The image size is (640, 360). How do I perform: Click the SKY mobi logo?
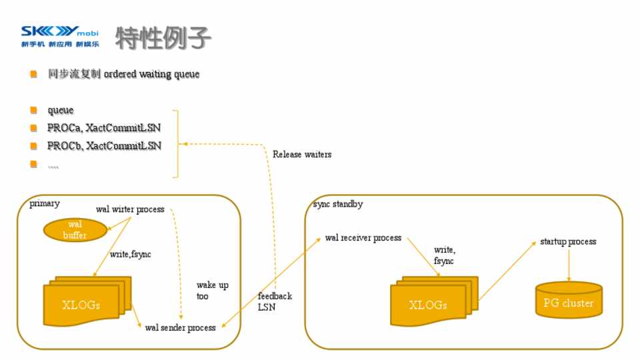[x=59, y=37]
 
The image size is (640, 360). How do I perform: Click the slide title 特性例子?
[x=163, y=39]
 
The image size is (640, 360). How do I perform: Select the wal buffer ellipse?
[x=75, y=230]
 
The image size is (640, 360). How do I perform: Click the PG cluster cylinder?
[x=568, y=301]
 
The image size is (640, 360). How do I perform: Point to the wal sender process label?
[x=180, y=327]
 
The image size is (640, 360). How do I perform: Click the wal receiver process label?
[x=363, y=238]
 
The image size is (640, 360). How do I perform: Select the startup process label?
[x=568, y=241]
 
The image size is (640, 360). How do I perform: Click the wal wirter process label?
[x=130, y=209]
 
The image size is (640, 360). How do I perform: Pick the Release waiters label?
[x=302, y=154]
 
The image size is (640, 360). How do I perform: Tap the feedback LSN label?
[x=275, y=301]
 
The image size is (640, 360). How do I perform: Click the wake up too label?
[x=212, y=291]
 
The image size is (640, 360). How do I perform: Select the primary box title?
[x=45, y=204]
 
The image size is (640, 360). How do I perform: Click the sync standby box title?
[x=338, y=204]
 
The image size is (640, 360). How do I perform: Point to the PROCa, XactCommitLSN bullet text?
[x=104, y=128]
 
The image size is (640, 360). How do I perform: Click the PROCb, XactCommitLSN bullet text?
[x=104, y=145]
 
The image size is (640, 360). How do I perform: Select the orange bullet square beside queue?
[x=33, y=110]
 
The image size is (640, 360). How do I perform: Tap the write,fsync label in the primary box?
[x=131, y=254]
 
